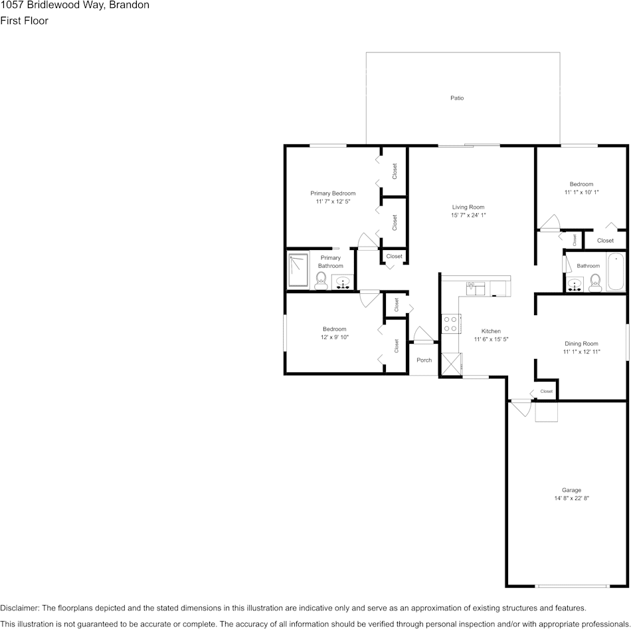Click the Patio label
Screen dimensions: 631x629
(x=457, y=98)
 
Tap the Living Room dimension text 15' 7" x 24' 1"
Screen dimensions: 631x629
(x=468, y=215)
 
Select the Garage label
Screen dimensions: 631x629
(x=571, y=490)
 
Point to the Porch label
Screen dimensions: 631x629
(x=424, y=360)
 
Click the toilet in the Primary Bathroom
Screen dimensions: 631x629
(x=321, y=281)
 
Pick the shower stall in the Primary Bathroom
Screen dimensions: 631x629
(x=298, y=269)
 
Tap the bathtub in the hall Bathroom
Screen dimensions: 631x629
(x=616, y=271)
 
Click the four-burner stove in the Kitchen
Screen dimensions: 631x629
(x=451, y=324)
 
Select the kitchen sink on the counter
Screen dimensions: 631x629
(x=476, y=289)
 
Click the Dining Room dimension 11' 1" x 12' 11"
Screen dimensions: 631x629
(x=581, y=352)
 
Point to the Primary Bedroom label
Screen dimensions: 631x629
(x=333, y=193)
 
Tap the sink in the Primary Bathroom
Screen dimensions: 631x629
(x=343, y=282)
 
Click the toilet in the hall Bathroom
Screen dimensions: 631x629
(x=594, y=283)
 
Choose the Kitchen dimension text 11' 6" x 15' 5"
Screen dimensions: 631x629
(x=491, y=339)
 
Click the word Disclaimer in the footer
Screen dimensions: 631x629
(x=18, y=608)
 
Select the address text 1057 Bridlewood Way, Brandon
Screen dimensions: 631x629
(x=75, y=5)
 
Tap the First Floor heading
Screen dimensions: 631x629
(x=24, y=21)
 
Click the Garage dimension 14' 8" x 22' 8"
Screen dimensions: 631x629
(x=571, y=498)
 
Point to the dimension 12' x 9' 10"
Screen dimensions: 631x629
(x=334, y=337)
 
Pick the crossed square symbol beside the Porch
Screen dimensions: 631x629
(x=451, y=364)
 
